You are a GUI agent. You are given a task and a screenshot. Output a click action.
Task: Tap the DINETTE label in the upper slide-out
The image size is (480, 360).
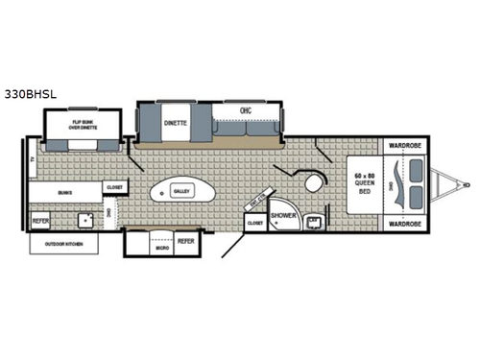click(x=175, y=124)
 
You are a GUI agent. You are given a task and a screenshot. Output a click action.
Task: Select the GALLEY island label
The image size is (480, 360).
click(x=180, y=191)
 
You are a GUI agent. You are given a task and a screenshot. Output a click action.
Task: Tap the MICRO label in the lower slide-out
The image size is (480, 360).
click(x=163, y=247)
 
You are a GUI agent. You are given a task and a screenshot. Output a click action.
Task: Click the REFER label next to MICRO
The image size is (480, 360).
click(x=186, y=241)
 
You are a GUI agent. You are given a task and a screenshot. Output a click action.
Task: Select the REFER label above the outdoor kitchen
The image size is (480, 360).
click(x=40, y=221)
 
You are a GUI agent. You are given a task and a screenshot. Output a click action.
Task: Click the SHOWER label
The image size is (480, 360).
click(x=282, y=215)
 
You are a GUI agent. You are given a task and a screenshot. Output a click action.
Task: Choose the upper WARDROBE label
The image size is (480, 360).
click(x=404, y=146)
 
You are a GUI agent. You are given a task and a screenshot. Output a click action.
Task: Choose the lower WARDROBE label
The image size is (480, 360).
click(x=404, y=224)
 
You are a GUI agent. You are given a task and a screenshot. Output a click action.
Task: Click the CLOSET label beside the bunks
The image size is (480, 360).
click(x=114, y=187)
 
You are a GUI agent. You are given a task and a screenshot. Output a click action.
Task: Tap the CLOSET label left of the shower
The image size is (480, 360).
click(x=255, y=223)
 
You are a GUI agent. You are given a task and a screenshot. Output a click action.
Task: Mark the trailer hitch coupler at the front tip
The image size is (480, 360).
click(x=466, y=184)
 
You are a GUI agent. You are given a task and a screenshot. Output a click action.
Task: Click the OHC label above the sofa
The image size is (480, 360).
click(x=245, y=122)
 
